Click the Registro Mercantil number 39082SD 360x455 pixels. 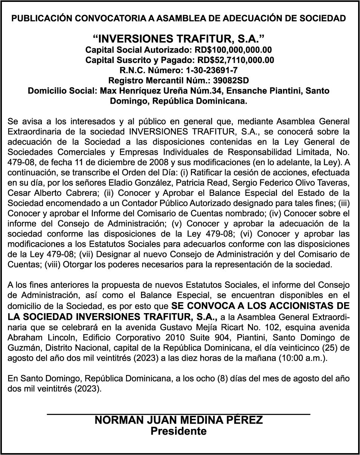pos(231,80)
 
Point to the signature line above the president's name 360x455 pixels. pos(178,414)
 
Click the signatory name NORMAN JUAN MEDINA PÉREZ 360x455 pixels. pos(178,421)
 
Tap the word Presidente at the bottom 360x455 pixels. pos(178,431)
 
